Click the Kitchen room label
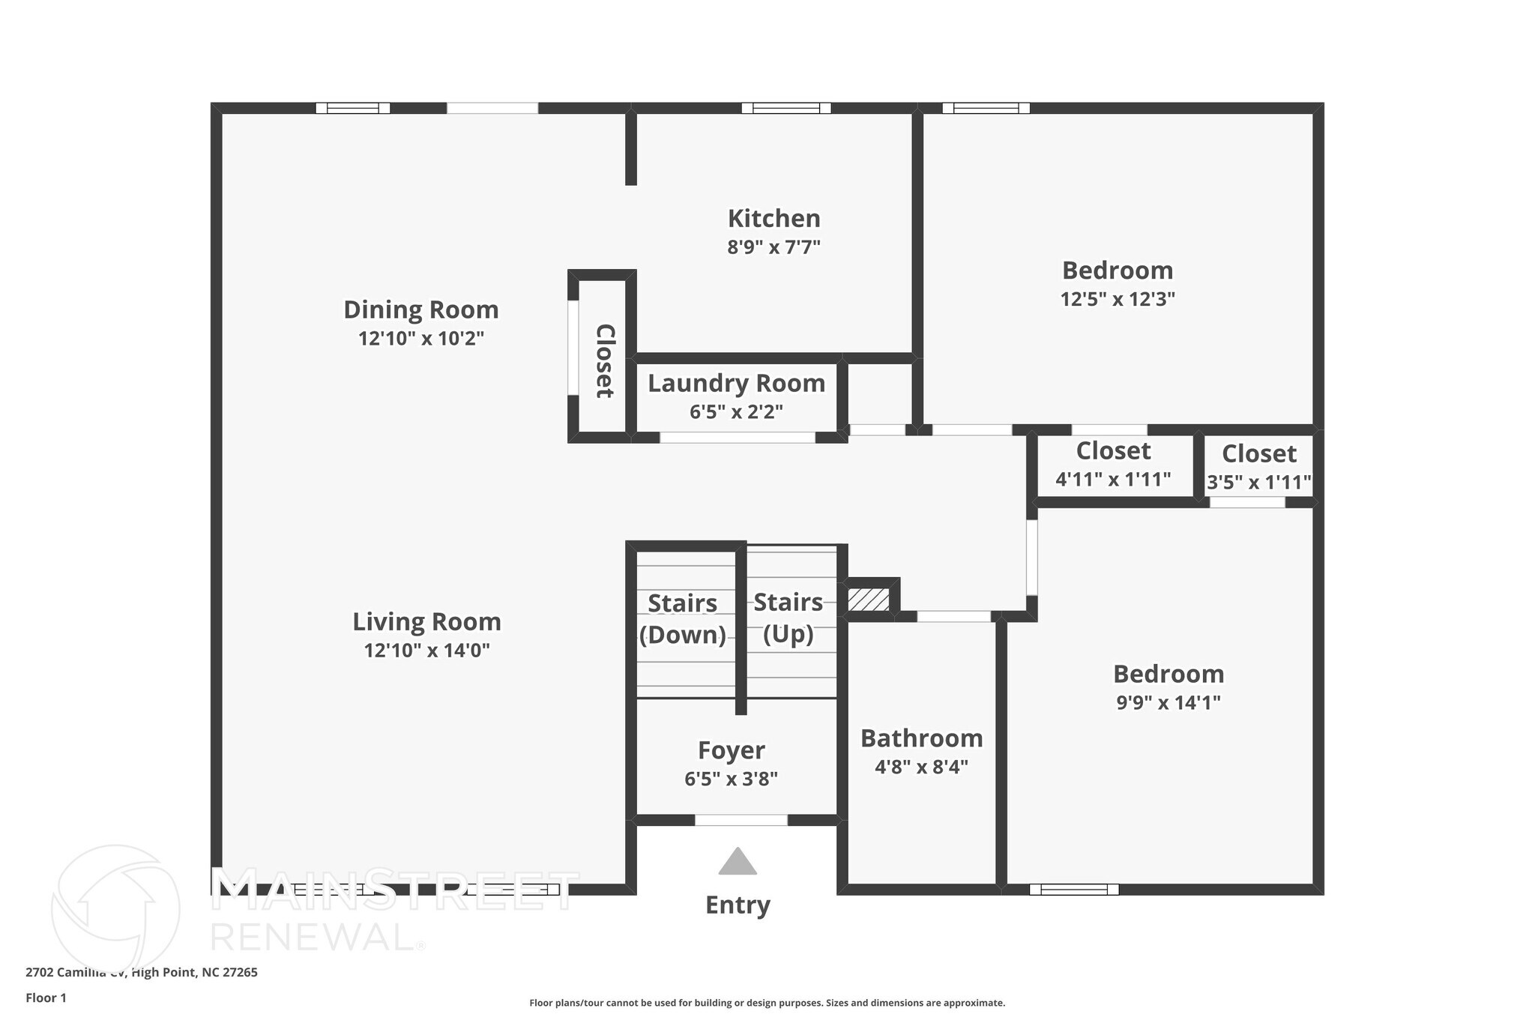(x=773, y=219)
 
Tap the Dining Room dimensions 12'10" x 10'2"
(x=421, y=339)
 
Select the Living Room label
(x=426, y=622)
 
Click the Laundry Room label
(x=736, y=384)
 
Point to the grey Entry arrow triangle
(x=738, y=863)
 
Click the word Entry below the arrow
(x=738, y=905)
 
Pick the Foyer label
(x=731, y=750)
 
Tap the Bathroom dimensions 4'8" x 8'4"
(x=921, y=767)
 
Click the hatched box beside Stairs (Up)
(x=869, y=600)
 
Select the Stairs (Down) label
(x=682, y=619)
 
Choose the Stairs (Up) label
(x=788, y=618)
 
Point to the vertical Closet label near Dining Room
(x=604, y=361)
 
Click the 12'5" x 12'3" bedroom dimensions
(x=1117, y=300)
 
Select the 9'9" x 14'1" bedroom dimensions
(x=1168, y=703)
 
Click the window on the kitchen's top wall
(x=785, y=108)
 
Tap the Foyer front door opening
(x=741, y=820)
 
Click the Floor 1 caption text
(x=46, y=998)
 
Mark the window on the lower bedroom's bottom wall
(x=1073, y=890)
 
